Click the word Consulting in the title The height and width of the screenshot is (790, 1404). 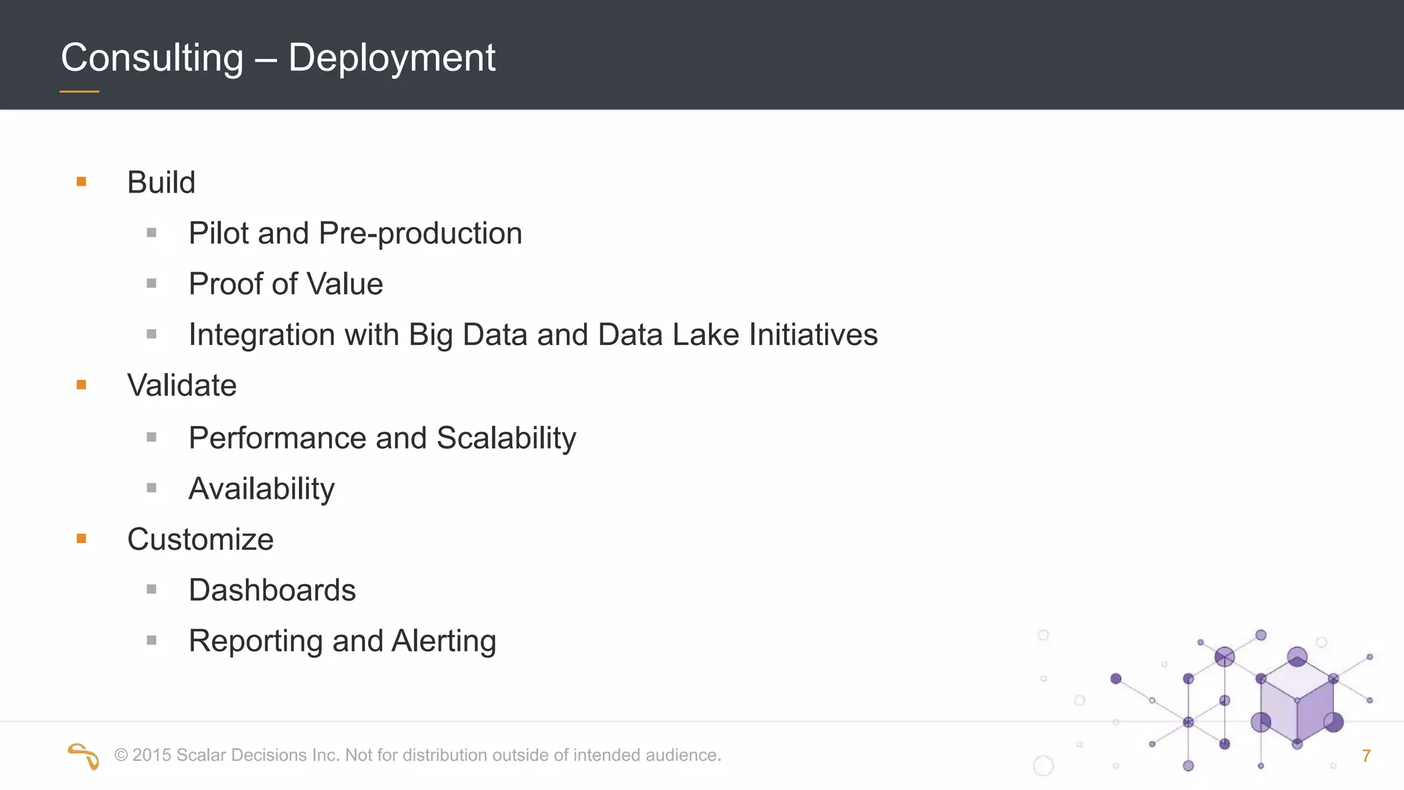[x=152, y=58]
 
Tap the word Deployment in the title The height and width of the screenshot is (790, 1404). [x=391, y=58]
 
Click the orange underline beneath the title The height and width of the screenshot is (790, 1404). [x=80, y=91]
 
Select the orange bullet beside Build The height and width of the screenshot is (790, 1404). [x=82, y=182]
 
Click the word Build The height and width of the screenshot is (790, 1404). [x=161, y=182]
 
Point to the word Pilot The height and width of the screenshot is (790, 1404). [x=218, y=233]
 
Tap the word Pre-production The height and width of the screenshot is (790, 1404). [x=420, y=234]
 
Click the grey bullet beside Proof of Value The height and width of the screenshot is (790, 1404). [x=152, y=283]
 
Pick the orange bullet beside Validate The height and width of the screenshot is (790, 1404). [x=82, y=385]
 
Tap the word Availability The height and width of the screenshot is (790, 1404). [x=261, y=489]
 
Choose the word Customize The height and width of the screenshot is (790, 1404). [x=200, y=539]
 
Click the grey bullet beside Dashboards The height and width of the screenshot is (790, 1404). [x=152, y=589]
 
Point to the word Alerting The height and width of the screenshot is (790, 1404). [x=444, y=641]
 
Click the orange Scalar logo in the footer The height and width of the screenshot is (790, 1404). [x=84, y=756]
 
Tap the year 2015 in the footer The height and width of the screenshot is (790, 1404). [x=152, y=755]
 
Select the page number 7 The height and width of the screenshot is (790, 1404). [x=1366, y=756]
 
